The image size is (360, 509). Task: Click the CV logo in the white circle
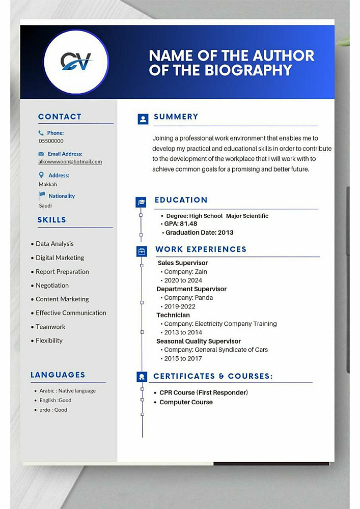(76, 62)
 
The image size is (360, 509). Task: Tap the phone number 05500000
(51, 141)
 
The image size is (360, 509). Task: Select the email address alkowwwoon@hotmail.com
(70, 162)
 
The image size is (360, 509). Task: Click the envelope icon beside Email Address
(41, 154)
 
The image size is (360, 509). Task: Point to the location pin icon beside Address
(42, 175)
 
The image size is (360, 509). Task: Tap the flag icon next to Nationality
(42, 195)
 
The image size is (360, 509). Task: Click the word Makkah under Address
(48, 184)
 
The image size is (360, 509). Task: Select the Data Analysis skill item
(54, 244)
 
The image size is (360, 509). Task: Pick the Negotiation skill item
(52, 286)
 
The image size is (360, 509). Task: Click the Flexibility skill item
(49, 341)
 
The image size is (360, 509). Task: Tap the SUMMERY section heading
(176, 117)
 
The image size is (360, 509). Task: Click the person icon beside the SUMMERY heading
(143, 119)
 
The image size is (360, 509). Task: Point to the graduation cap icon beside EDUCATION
(142, 202)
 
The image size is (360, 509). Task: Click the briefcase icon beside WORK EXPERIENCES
(142, 251)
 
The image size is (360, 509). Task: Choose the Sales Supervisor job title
(183, 263)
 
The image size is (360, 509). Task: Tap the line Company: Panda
(188, 298)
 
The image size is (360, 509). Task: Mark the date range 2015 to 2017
(183, 358)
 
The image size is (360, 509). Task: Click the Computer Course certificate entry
(186, 402)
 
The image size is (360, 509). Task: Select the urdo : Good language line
(53, 410)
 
